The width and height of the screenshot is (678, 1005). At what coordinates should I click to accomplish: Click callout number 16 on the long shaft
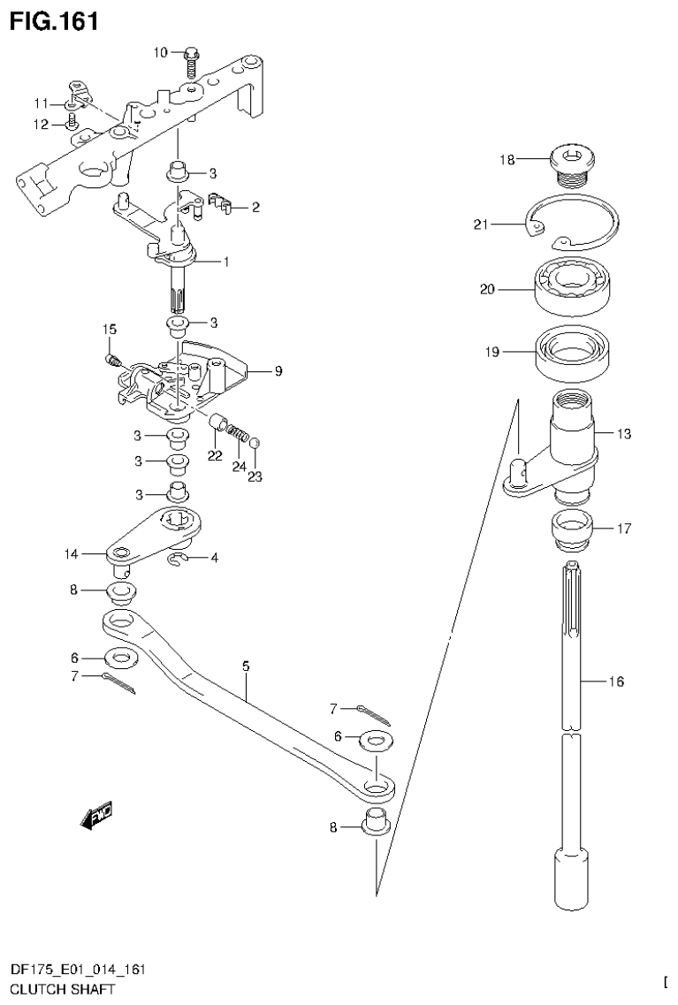click(x=616, y=681)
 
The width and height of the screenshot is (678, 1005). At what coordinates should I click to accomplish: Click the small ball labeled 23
click(x=254, y=443)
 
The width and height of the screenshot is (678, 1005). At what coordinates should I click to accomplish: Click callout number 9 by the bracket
click(x=277, y=371)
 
